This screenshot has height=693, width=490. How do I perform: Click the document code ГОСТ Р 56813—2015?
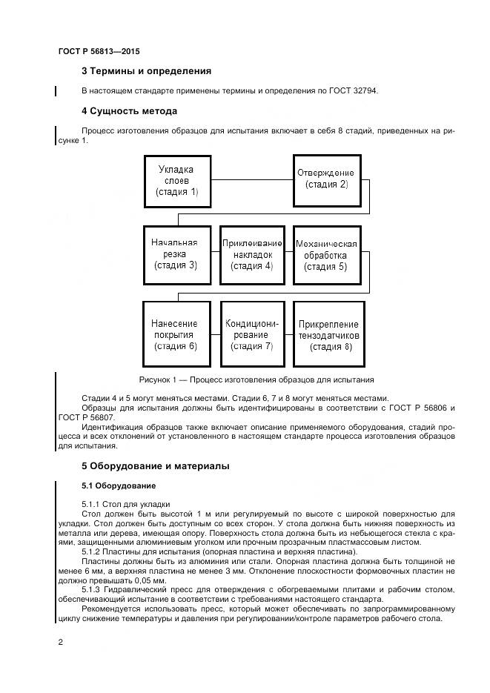[99, 52]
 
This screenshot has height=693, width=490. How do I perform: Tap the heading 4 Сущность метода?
[129, 111]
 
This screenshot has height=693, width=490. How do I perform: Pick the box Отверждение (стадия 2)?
[327, 179]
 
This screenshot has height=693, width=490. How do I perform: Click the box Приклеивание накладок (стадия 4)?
[252, 253]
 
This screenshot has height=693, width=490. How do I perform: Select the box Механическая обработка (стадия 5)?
[327, 254]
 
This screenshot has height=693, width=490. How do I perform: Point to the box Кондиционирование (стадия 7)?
[252, 334]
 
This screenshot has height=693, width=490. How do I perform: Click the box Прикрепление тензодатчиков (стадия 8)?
[328, 334]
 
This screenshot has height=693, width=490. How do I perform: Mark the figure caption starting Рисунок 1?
[256, 379]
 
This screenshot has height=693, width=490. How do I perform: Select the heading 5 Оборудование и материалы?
[155, 466]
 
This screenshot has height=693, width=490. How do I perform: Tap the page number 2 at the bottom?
[61, 642]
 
